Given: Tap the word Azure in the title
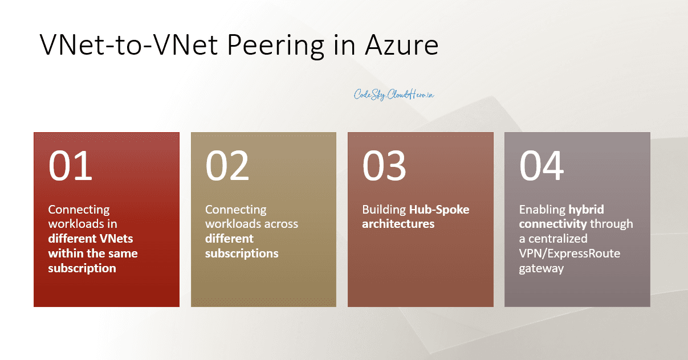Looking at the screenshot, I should click(x=398, y=44).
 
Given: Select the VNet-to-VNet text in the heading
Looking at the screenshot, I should click(x=126, y=44).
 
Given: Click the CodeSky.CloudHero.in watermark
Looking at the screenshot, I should click(x=394, y=95).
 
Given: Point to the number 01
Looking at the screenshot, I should click(x=70, y=166).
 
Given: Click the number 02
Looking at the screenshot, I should click(x=227, y=166).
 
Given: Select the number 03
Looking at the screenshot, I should click(x=384, y=166).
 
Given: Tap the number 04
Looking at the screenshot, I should click(x=542, y=166).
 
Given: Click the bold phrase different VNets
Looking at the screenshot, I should click(x=91, y=238).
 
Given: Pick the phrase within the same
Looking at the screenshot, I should click(x=93, y=253).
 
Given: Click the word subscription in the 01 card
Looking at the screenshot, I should click(x=82, y=268).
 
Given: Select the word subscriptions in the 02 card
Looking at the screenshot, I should click(x=242, y=253).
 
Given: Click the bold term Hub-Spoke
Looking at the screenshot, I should click(x=439, y=210).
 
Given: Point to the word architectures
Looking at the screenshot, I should click(x=398, y=224).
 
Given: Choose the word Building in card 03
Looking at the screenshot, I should click(x=384, y=210).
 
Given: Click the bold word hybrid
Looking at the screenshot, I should click(x=586, y=210).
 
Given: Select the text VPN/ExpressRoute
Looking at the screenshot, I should click(x=569, y=253).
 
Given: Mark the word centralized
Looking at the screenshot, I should click(x=560, y=238).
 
